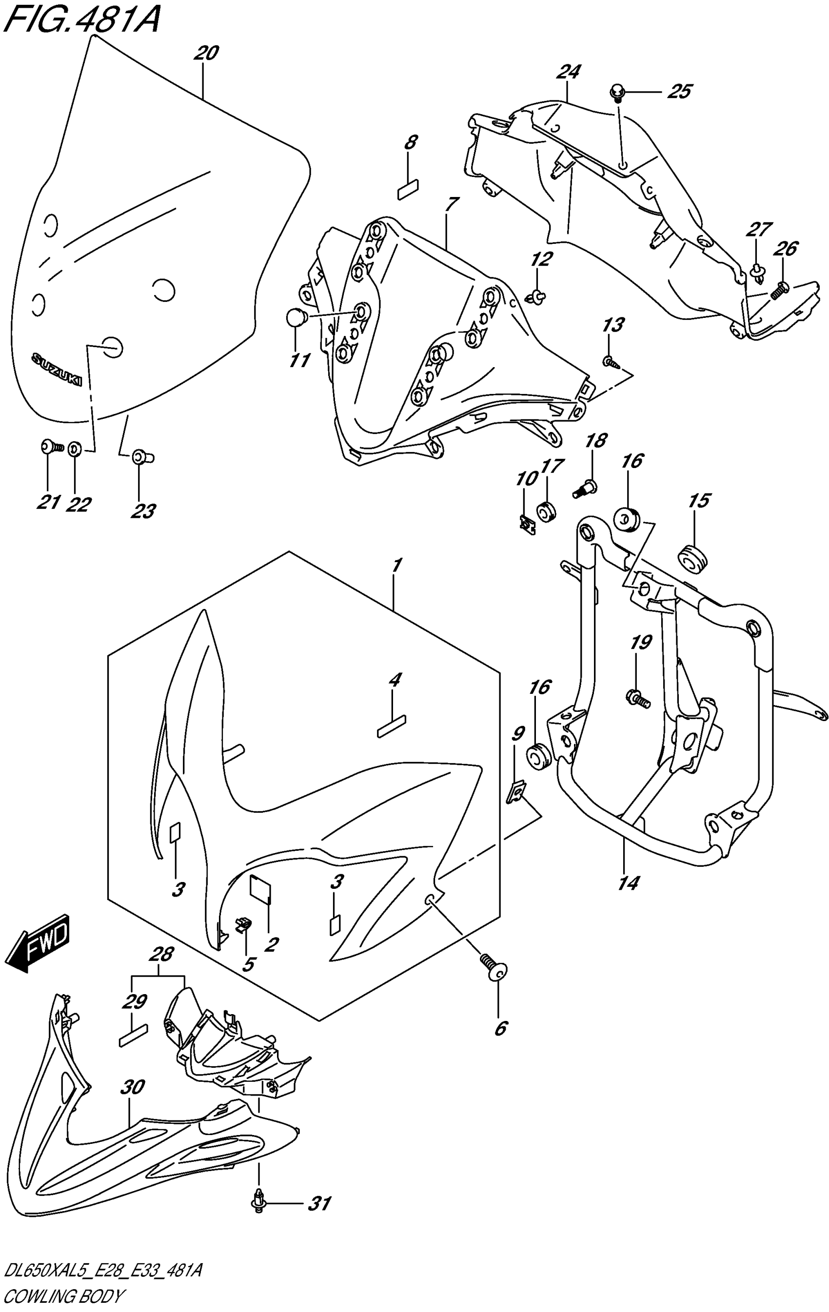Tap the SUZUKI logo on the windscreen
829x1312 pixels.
[56, 371]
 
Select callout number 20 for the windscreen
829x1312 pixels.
[205, 54]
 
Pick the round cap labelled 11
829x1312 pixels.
[296, 318]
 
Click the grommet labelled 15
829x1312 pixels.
[691, 558]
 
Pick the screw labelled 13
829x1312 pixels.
[609, 361]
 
